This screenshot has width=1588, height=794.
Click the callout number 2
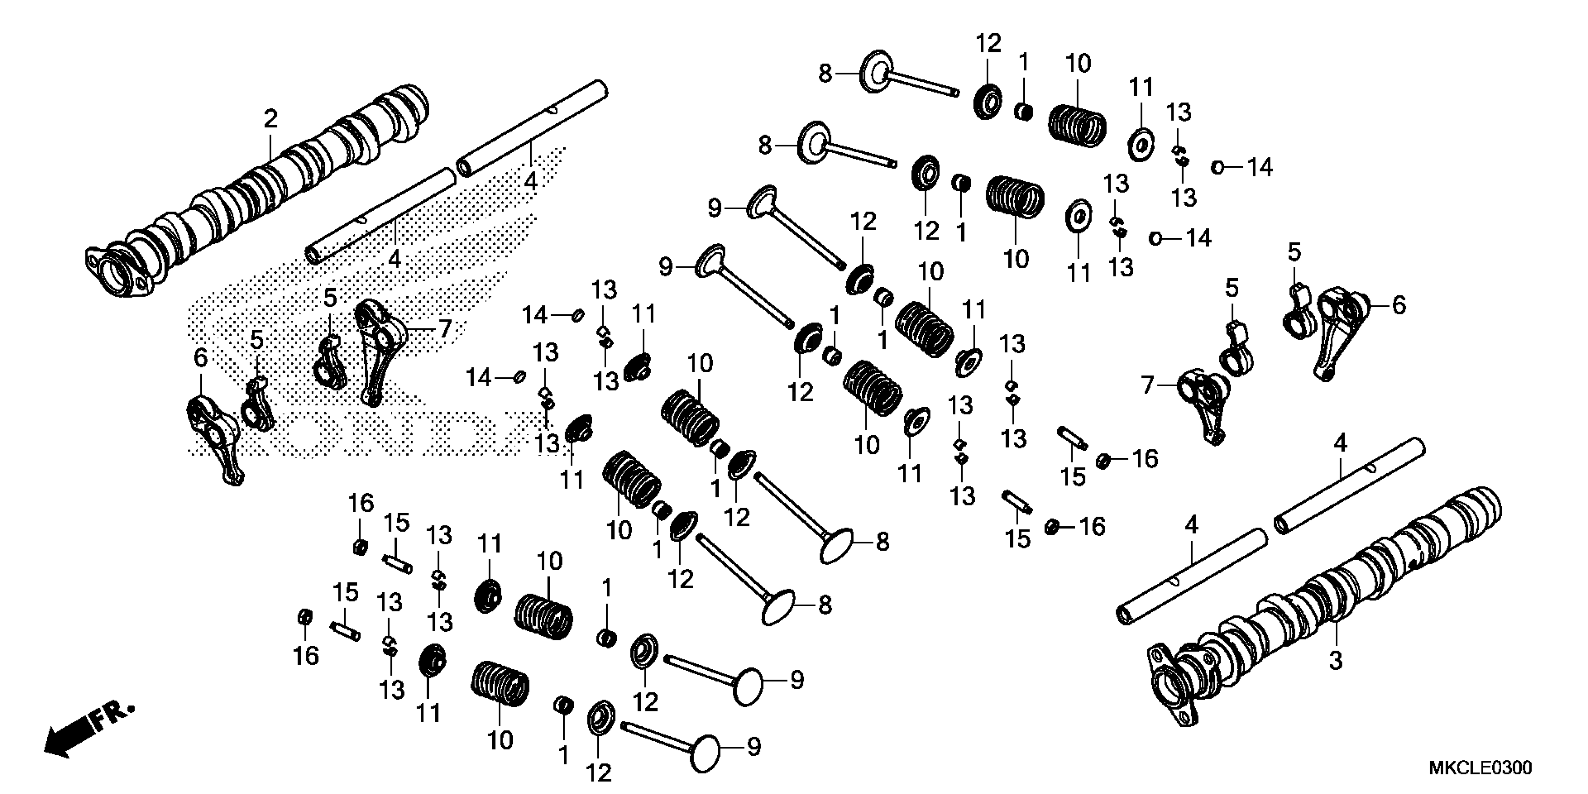pyautogui.click(x=270, y=118)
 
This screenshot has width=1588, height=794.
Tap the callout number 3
pyautogui.click(x=1335, y=661)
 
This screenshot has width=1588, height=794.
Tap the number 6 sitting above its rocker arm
pyautogui.click(x=200, y=358)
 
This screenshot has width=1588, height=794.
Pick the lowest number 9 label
pyautogui.click(x=753, y=747)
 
